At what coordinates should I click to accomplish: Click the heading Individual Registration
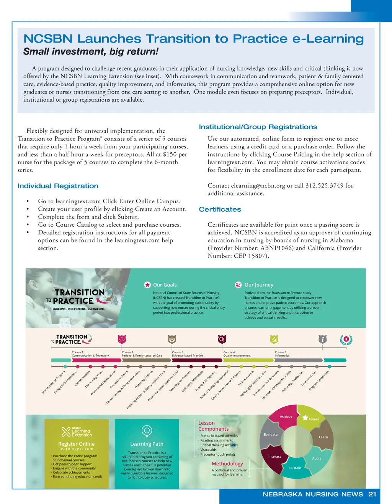tap(58, 186)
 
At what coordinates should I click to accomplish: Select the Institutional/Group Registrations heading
tap(258, 127)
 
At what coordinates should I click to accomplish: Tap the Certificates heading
tap(220, 209)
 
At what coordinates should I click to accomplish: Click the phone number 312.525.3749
tap(324, 186)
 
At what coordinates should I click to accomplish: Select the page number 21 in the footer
tap(372, 494)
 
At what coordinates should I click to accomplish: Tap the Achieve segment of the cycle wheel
tap(286, 417)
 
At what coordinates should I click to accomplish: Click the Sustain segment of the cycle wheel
tap(295, 468)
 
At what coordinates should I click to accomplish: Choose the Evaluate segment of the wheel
tap(271, 435)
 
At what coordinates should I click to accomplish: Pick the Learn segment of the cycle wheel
tap(323, 437)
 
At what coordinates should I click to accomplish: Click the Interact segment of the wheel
tap(274, 456)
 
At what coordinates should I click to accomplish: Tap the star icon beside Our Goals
tap(147, 285)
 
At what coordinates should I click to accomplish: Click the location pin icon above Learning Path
tap(147, 431)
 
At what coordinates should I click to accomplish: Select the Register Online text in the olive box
tap(76, 444)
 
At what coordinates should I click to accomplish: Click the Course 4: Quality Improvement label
tap(237, 354)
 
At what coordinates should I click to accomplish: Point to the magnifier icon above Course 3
tap(222, 339)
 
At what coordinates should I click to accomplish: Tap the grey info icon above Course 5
tap(323, 339)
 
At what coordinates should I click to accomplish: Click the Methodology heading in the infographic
tap(227, 464)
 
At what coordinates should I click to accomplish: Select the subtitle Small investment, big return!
tap(91, 52)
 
